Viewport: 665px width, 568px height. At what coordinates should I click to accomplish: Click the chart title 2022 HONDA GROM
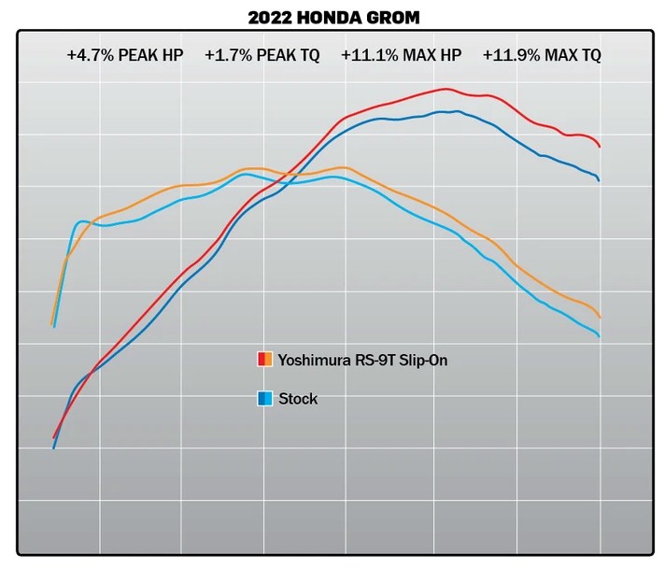click(x=332, y=17)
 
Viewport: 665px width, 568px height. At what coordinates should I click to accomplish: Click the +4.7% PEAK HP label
click(x=125, y=55)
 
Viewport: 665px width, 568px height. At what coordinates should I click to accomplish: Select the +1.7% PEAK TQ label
click(x=262, y=55)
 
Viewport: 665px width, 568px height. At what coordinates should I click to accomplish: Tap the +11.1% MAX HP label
click(x=402, y=55)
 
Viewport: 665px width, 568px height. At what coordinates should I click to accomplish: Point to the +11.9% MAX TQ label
click(x=542, y=55)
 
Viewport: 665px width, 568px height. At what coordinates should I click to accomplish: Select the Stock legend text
click(x=298, y=399)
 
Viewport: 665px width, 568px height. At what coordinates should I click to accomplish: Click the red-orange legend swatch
click(x=265, y=360)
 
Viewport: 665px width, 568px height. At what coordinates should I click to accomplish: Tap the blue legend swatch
click(x=265, y=399)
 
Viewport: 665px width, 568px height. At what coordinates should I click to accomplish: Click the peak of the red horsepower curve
click(x=446, y=90)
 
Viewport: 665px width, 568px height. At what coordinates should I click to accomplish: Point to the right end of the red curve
click(x=600, y=147)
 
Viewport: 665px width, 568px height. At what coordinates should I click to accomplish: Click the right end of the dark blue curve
click(x=599, y=179)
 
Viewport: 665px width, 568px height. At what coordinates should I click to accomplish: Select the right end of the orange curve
click(x=600, y=318)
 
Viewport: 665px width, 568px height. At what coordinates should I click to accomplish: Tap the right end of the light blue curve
click(x=599, y=336)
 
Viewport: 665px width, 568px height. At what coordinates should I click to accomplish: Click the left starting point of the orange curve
click(x=51, y=324)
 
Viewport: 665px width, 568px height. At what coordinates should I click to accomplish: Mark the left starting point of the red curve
click(x=54, y=437)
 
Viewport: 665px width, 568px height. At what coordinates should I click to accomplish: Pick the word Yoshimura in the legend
click(x=308, y=360)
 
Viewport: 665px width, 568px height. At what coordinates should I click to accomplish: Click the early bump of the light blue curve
click(x=81, y=221)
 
